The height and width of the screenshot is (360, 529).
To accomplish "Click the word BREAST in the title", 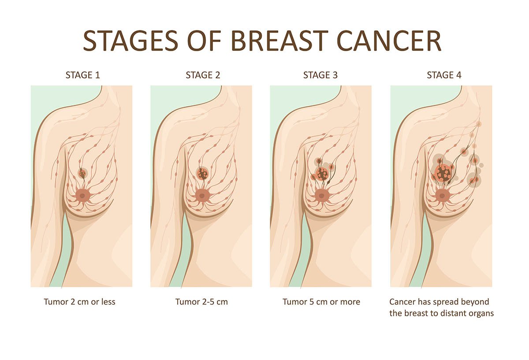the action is (x=279, y=41).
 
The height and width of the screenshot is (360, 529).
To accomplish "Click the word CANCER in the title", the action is (x=389, y=41).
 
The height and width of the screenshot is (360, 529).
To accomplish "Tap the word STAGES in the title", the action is (x=130, y=41).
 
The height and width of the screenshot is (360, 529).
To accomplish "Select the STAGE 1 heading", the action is (x=83, y=75).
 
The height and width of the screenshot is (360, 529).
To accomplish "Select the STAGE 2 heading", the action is (x=203, y=75).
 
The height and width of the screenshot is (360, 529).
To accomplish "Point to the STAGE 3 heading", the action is (x=320, y=75).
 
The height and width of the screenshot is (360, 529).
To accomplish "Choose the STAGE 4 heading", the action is (x=444, y=75).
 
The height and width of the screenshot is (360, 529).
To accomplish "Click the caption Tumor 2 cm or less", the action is (x=80, y=302).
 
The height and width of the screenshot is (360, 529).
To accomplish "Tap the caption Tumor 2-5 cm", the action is (x=201, y=302).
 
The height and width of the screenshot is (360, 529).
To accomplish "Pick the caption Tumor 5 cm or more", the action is (x=321, y=302).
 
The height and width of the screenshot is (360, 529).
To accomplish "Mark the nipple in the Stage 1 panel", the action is (x=82, y=196).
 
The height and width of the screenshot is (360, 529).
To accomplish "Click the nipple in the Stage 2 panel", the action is (x=202, y=196).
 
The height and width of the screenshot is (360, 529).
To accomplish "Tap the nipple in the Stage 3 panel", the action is (x=321, y=196).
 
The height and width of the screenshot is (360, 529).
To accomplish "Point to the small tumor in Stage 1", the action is (x=82, y=174).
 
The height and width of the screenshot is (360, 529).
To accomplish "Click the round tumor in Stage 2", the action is (x=202, y=174).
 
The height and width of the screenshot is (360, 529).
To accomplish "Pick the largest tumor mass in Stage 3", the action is (x=322, y=174).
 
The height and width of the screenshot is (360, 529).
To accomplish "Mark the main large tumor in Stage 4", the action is (x=443, y=173).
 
